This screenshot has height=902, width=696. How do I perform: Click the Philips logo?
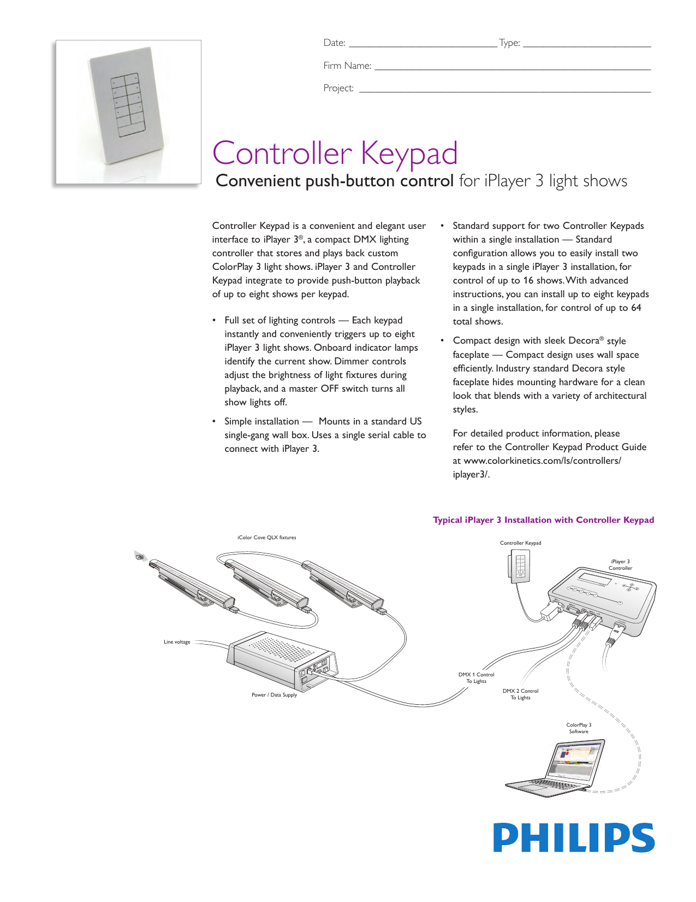click(x=574, y=838)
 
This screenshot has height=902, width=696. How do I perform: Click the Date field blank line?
click(x=423, y=46)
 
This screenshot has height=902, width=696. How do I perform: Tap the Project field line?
click(x=504, y=91)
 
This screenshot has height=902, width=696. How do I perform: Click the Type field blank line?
click(x=586, y=46)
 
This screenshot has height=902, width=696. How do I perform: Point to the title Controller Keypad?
click(x=335, y=153)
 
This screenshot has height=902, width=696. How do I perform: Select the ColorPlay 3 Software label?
click(x=579, y=728)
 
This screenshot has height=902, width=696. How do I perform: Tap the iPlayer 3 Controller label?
click(x=620, y=564)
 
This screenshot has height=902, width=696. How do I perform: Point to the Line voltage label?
click(x=177, y=642)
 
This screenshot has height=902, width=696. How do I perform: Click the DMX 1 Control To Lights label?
click(x=476, y=677)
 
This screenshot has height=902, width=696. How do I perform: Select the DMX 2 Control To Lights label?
click(x=520, y=694)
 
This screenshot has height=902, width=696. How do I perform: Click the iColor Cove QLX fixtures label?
click(x=266, y=538)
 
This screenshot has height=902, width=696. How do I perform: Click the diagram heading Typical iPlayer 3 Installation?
click(x=543, y=520)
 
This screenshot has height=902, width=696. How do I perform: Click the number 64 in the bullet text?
click(x=636, y=308)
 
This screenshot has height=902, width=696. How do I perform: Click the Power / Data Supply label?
click(x=274, y=695)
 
